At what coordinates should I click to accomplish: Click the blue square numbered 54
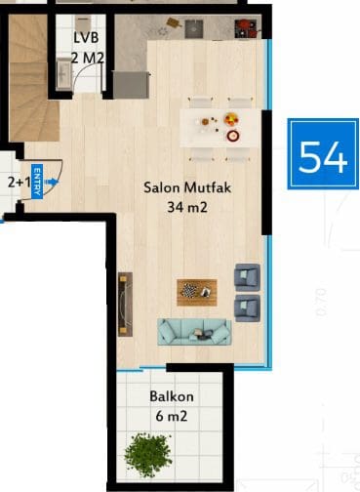click(323, 153)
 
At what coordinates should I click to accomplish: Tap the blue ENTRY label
click(37, 181)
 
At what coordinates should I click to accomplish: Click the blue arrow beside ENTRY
click(52, 182)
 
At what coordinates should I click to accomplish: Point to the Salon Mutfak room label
click(187, 187)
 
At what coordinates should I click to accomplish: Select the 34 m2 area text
click(187, 207)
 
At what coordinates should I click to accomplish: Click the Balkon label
click(172, 396)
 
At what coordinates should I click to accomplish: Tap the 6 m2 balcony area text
click(172, 416)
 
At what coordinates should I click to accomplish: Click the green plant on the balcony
click(148, 454)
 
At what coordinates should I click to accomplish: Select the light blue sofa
click(194, 332)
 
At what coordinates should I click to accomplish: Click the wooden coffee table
click(197, 292)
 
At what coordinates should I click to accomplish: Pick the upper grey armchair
click(247, 277)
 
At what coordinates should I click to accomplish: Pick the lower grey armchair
click(247, 308)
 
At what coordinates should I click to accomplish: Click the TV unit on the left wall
click(125, 305)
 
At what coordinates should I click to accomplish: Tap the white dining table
click(220, 128)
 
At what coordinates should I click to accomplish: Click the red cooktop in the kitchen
click(246, 28)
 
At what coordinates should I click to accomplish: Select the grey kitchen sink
click(194, 29)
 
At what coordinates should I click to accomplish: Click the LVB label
click(86, 38)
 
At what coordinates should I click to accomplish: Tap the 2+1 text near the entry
click(19, 183)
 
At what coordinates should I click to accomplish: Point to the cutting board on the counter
click(174, 22)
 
